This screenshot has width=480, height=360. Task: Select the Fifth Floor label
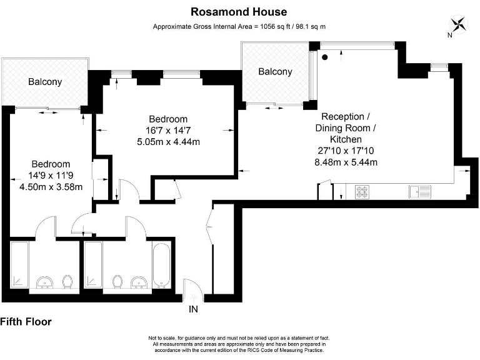[x=26, y=322]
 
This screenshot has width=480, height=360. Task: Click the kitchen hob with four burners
[x=362, y=192]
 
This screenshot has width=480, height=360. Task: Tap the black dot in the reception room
[x=325, y=57]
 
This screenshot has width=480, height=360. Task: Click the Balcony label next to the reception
[x=275, y=72]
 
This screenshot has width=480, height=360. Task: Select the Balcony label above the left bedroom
[x=45, y=81]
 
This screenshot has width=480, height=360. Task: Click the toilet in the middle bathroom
[x=117, y=282]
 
